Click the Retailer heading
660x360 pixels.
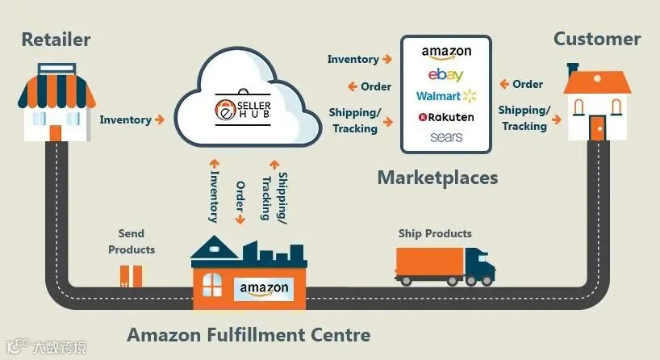coord(56,40)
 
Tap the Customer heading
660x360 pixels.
coord(597,39)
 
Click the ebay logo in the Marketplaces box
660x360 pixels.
coord(445,74)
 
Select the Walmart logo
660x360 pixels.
coord(446,96)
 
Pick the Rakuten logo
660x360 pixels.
coord(446,117)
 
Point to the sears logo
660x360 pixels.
coord(446,137)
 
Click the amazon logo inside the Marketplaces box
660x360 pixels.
coord(446,52)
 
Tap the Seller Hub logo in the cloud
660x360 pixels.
coord(243,108)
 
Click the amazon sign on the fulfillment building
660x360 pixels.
coord(264,289)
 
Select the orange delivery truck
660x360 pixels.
coord(445,266)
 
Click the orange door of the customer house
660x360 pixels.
coord(597,128)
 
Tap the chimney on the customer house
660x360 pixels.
coord(572,70)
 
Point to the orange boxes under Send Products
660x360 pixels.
coord(131,276)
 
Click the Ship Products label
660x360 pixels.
coord(435,233)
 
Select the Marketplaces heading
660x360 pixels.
coord(438,178)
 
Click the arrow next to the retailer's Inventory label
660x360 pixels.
coord(160,119)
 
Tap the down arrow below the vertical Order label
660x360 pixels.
coord(240,219)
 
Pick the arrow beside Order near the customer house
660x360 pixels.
coord(504,84)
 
